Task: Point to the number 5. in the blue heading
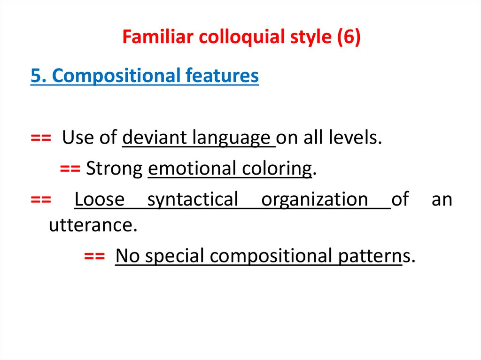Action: click(x=37, y=76)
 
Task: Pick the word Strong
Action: click(x=115, y=169)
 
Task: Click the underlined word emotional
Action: click(x=192, y=169)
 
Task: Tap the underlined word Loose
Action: click(x=99, y=199)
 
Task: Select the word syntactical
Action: click(x=193, y=199)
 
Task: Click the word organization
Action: click(x=314, y=199)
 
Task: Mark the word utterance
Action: click(x=93, y=226)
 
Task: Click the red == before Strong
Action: click(x=71, y=169)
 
